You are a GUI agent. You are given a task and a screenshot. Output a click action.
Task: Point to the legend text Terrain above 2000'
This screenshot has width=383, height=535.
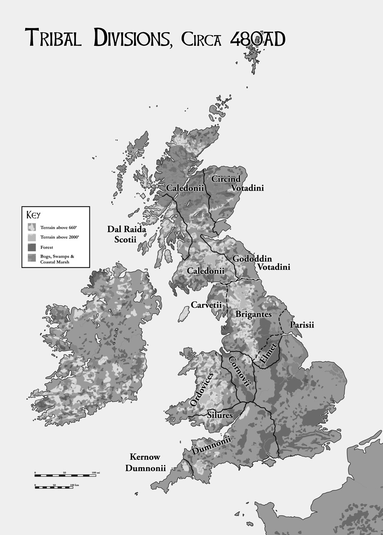pos(56,237)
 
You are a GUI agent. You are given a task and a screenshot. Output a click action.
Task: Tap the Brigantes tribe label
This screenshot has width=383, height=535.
pos(253,314)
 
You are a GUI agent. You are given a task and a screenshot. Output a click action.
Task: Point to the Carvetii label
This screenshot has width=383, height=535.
pos(206,305)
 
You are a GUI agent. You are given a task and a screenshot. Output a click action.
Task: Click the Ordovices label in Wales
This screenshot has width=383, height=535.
pos(202,389)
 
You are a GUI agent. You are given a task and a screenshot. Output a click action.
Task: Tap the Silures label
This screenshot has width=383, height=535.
pos(220,415)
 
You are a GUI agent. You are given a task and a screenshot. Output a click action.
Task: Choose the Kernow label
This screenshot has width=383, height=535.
pos(145,457)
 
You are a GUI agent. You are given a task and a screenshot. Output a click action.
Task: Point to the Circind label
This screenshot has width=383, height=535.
pos(226,179)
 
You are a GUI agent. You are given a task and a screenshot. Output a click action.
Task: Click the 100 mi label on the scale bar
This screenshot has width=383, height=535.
pos(96,473)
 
